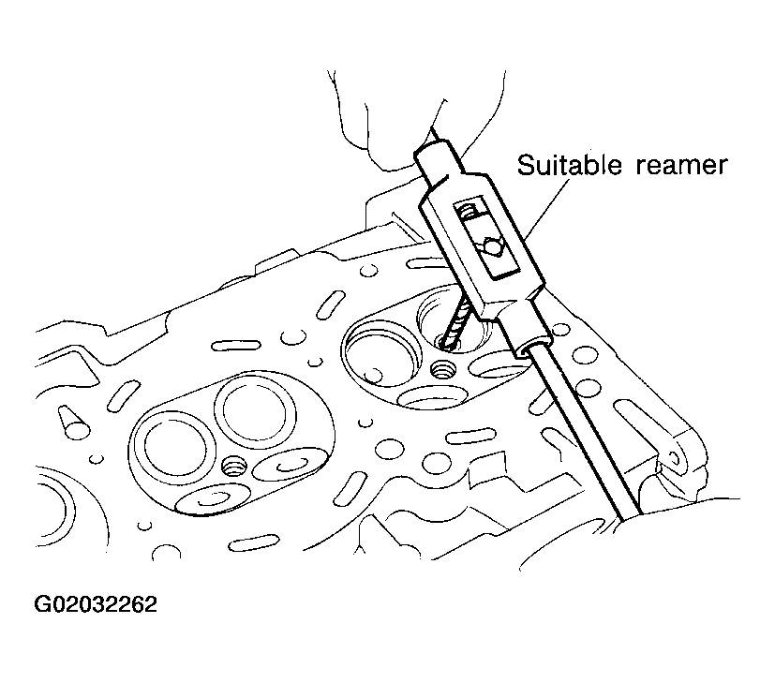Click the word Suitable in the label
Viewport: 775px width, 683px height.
(569, 165)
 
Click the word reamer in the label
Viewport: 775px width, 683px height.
(681, 166)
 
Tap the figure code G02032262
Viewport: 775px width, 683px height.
(96, 604)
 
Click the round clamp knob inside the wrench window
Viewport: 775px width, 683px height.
(491, 247)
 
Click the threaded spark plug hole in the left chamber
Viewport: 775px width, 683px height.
(234, 467)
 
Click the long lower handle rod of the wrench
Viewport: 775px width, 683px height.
(583, 430)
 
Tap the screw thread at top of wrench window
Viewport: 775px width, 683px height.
(467, 213)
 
